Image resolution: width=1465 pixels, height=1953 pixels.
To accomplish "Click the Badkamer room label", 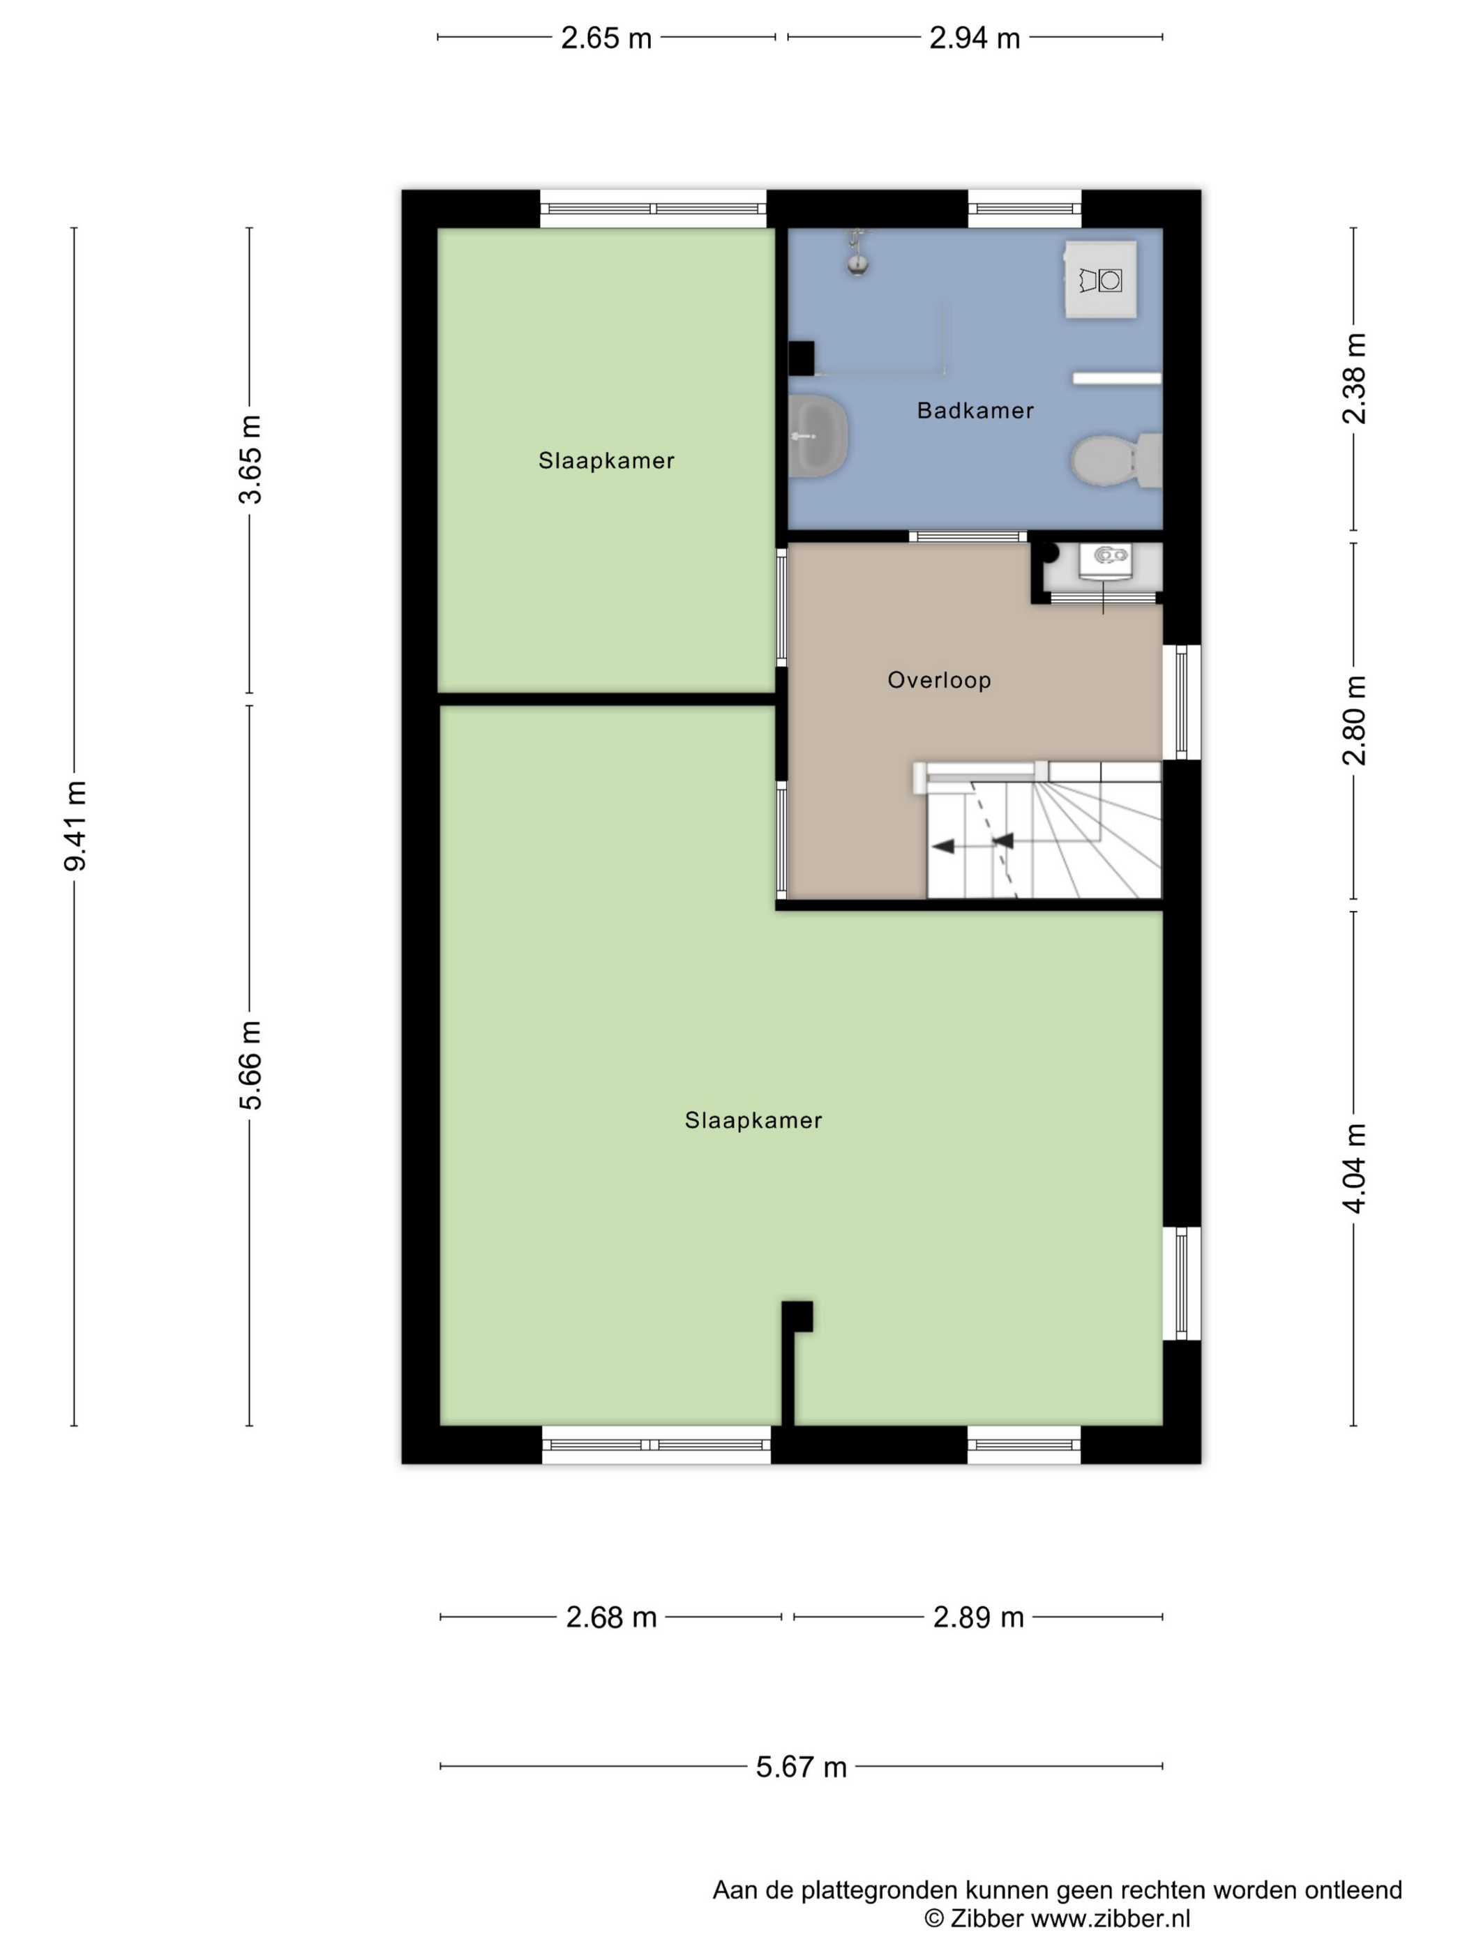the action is [975, 411].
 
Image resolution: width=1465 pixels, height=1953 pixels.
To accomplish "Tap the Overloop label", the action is [940, 680].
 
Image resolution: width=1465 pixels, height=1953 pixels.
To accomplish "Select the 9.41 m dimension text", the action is [75, 826].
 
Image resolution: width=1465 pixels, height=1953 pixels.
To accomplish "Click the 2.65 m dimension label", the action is [607, 38].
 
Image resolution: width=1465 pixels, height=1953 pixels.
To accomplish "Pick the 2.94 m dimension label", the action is [975, 38].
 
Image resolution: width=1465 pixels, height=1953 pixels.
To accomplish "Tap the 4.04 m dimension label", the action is [1355, 1168].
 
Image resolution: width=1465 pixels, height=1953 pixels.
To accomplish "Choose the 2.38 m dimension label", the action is [1355, 379].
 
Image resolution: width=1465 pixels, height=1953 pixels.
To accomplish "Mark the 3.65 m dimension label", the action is [250, 459].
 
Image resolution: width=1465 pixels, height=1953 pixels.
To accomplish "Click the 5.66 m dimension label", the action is [250, 1066].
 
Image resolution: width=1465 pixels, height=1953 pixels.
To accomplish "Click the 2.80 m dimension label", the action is [1355, 721].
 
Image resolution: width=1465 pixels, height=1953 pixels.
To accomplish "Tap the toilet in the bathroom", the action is [1116, 459].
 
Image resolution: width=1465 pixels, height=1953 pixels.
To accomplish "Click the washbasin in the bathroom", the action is [818, 436].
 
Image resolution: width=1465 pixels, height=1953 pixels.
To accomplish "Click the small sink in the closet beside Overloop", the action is [1105, 561].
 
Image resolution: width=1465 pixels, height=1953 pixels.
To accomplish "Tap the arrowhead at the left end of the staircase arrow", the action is [943, 847].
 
